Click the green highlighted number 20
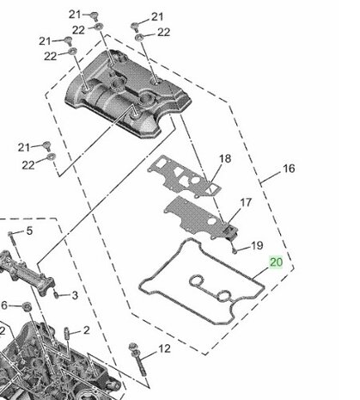(276, 262)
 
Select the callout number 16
(289, 169)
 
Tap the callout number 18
(225, 158)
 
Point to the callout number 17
(246, 203)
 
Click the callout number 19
(257, 245)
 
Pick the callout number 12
(164, 348)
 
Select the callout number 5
(29, 231)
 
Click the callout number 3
(75, 295)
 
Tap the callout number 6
(4, 305)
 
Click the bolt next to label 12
(137, 359)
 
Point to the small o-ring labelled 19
(235, 251)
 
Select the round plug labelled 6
(27, 306)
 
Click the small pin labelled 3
(57, 294)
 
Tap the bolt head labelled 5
(10, 233)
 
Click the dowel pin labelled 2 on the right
(66, 334)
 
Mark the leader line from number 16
(271, 177)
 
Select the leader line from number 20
(261, 274)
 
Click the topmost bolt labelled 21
(94, 16)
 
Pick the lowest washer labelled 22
(52, 157)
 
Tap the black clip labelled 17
(231, 231)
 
